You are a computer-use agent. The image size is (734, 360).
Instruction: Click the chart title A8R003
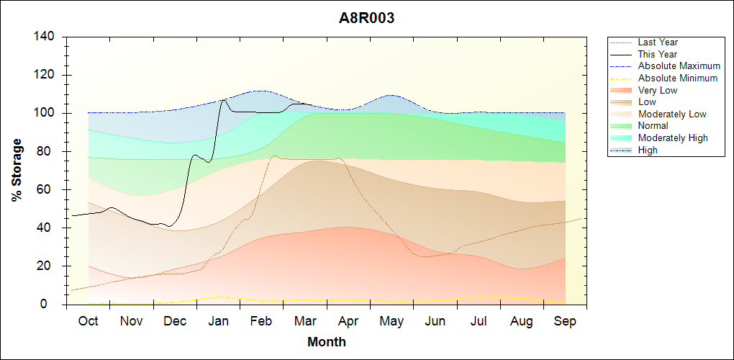pos(367,19)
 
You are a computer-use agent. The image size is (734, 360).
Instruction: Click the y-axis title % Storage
pos(17,170)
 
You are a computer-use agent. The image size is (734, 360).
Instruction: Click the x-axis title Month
pos(327,342)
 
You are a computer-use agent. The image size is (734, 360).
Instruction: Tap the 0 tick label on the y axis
pos(55,305)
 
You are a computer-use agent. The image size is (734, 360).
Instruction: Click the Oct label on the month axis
pos(88,321)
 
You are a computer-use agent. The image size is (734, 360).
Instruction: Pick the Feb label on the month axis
pos(262,321)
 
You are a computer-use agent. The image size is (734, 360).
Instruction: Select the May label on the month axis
pos(391,321)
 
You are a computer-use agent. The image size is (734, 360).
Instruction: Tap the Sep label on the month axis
pos(566,321)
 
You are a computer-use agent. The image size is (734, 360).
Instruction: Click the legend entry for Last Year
pos(658,42)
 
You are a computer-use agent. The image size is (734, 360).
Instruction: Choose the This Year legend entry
pos(658,54)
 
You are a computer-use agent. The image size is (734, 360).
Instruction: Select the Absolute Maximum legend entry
pos(679,66)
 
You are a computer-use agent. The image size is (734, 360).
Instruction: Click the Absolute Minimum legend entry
pos(677,78)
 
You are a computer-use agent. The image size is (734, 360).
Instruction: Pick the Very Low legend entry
pos(658,90)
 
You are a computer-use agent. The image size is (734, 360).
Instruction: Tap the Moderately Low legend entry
pos(672,114)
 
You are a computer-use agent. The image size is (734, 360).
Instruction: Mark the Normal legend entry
pos(653,125)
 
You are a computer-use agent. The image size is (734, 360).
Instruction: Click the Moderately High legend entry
pos(673,138)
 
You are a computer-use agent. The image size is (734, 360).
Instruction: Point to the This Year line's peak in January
pos(224,99)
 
